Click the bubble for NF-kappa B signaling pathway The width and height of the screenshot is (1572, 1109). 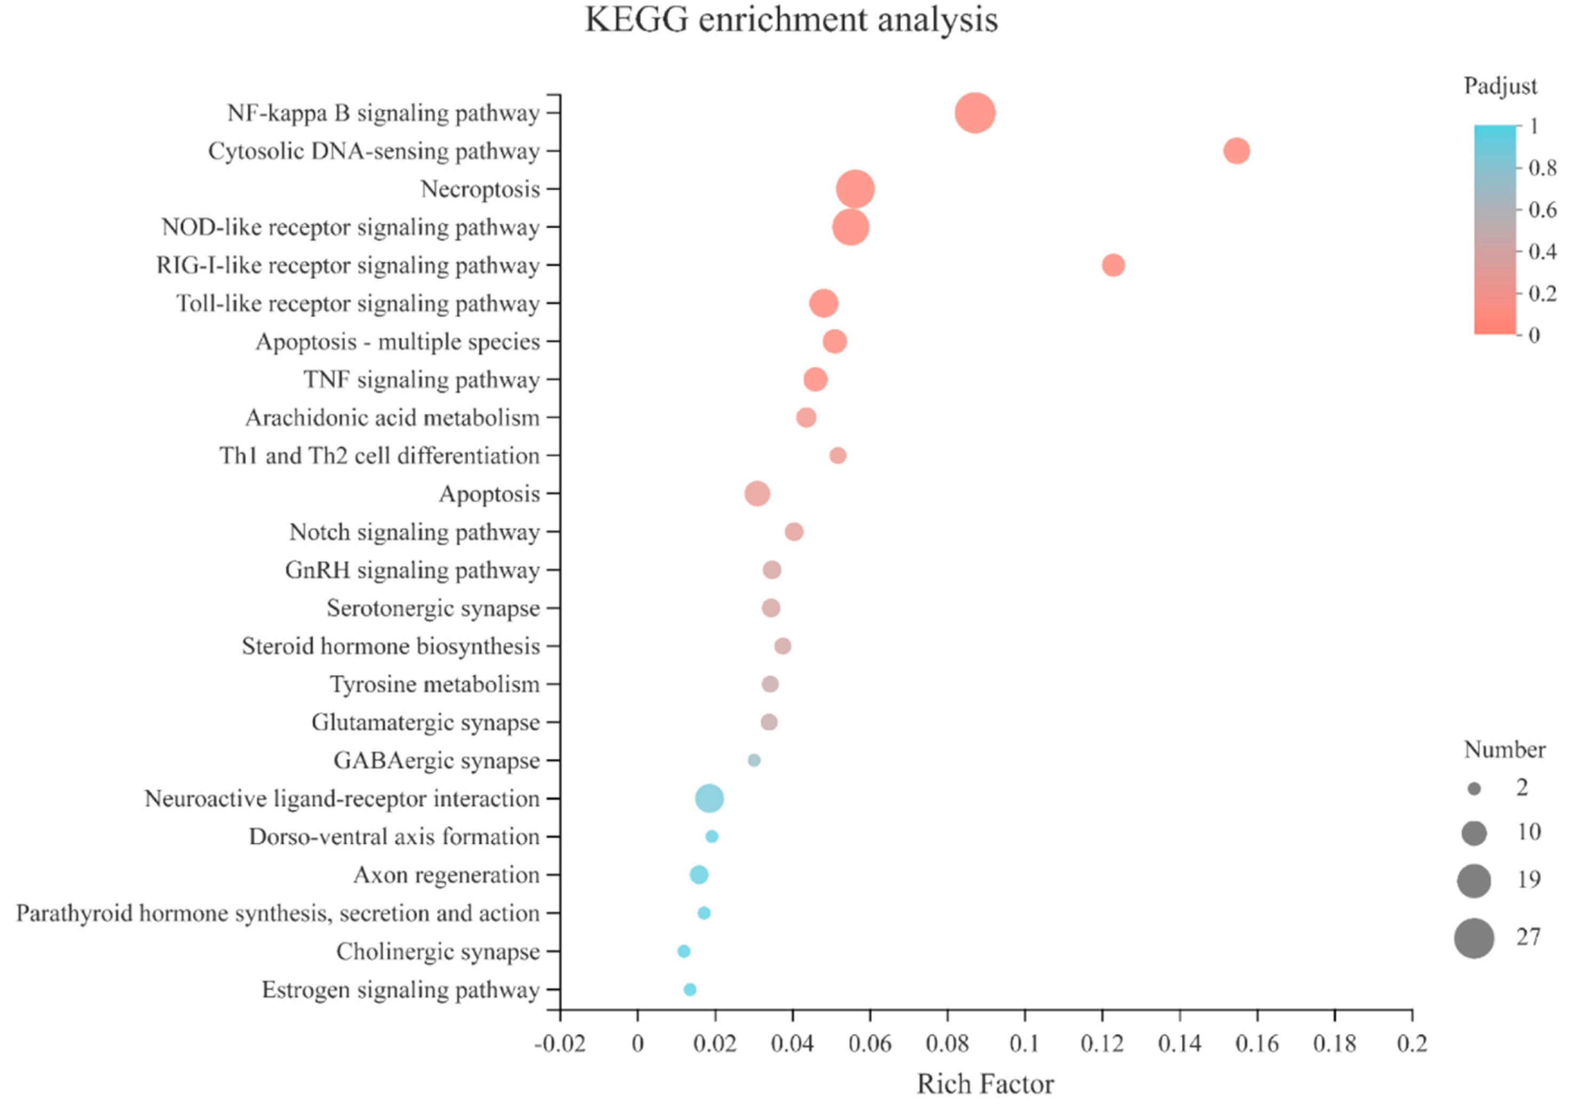974,113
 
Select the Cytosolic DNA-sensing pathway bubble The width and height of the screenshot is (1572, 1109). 1236,151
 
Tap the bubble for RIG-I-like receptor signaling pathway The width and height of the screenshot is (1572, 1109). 1113,265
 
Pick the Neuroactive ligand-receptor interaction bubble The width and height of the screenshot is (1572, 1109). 709,798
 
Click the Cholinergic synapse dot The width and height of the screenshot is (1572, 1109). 684,951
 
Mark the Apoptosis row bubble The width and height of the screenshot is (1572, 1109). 757,493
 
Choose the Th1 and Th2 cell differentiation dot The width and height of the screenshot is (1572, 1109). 837,455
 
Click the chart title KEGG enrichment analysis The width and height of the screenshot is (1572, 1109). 791,19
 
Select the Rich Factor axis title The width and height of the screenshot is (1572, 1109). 985,1084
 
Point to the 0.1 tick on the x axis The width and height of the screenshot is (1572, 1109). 1025,1044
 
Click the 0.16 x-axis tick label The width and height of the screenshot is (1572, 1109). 1257,1044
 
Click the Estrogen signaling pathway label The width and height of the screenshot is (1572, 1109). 401,990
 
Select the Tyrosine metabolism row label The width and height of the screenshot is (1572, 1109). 435,685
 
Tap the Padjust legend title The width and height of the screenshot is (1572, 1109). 1500,86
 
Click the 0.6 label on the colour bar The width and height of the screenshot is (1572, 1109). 1542,210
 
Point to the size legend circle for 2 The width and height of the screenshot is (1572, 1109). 1474,789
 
